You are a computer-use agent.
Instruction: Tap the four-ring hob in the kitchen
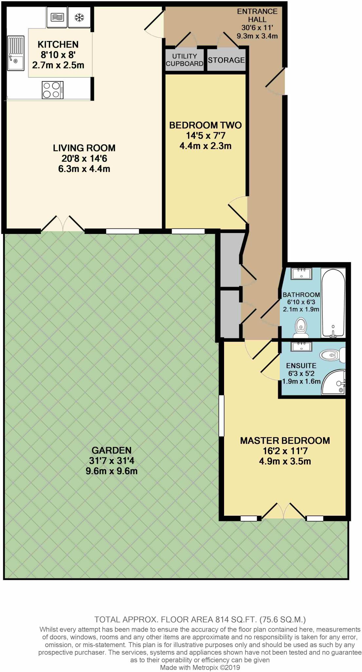tap(53, 90)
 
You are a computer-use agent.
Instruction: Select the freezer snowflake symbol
tap(79, 18)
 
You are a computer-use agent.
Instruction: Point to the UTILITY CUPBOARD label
tap(184, 60)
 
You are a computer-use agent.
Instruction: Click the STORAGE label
tap(226, 60)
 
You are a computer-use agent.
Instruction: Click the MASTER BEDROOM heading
tap(285, 441)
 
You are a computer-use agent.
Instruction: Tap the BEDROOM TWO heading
tap(205, 125)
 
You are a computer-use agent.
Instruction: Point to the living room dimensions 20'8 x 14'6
tap(84, 158)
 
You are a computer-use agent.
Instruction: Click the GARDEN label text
tap(111, 450)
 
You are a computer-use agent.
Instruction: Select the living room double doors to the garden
tap(63, 224)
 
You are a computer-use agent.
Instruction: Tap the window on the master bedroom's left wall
tap(221, 416)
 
